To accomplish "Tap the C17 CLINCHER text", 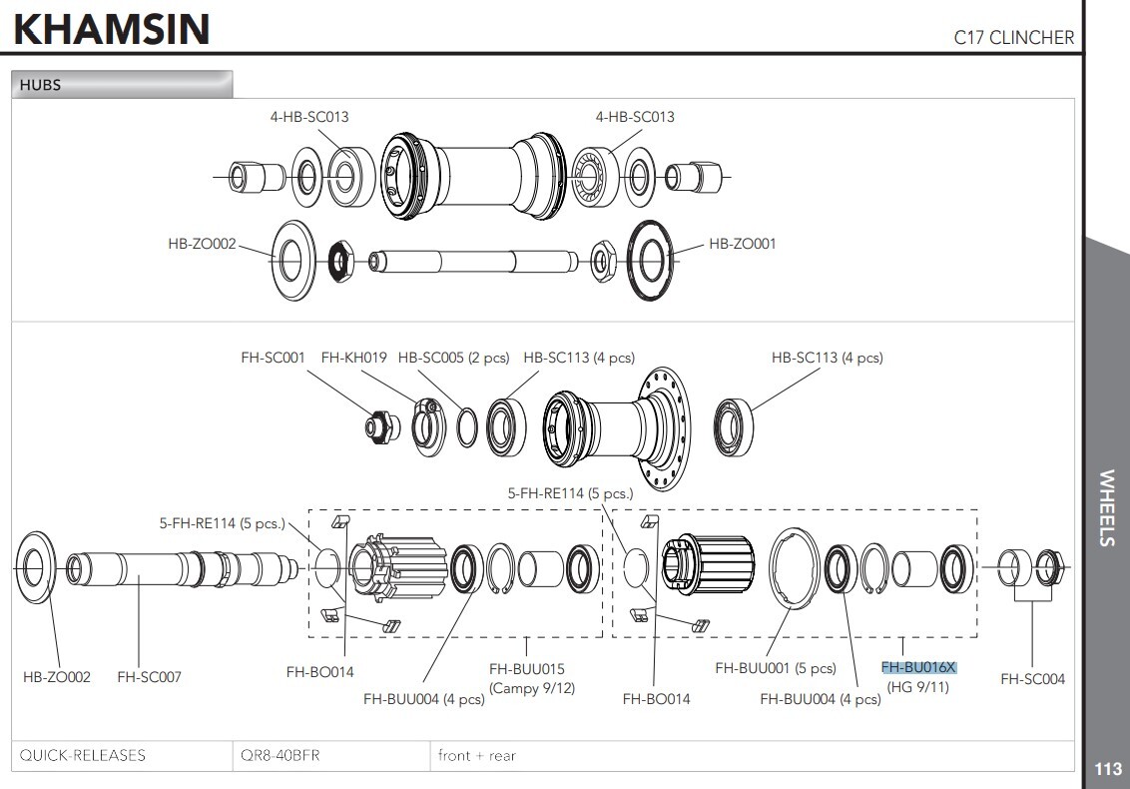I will click(x=1013, y=38).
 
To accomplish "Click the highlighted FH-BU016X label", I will click(x=918, y=667).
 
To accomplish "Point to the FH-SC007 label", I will click(x=149, y=676).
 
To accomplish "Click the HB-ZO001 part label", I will click(x=742, y=244).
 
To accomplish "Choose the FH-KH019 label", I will click(x=354, y=358).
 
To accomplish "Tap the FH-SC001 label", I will click(x=273, y=358).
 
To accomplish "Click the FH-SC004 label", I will click(x=1032, y=679).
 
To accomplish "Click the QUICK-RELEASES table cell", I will click(x=82, y=755).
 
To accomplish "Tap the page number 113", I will click(x=1108, y=769).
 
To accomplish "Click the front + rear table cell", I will click(x=477, y=755).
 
